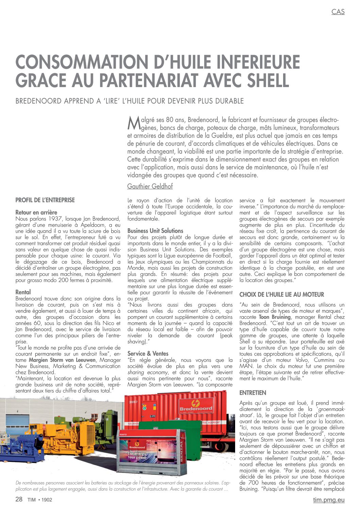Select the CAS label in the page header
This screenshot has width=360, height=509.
338,12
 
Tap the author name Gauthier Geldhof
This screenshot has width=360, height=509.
150,186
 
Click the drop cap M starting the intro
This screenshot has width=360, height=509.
133,123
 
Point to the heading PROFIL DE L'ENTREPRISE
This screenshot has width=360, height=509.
45,200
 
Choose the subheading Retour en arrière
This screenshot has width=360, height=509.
36,212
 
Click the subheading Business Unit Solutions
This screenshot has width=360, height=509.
155,231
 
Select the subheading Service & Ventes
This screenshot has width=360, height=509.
148,354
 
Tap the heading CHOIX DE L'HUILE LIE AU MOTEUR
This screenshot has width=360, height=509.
281,295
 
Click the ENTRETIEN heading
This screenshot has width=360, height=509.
252,393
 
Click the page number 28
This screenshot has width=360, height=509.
19,499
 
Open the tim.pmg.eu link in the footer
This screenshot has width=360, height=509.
329,499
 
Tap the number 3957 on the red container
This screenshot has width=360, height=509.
133,402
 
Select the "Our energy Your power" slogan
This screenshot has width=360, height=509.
137,456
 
